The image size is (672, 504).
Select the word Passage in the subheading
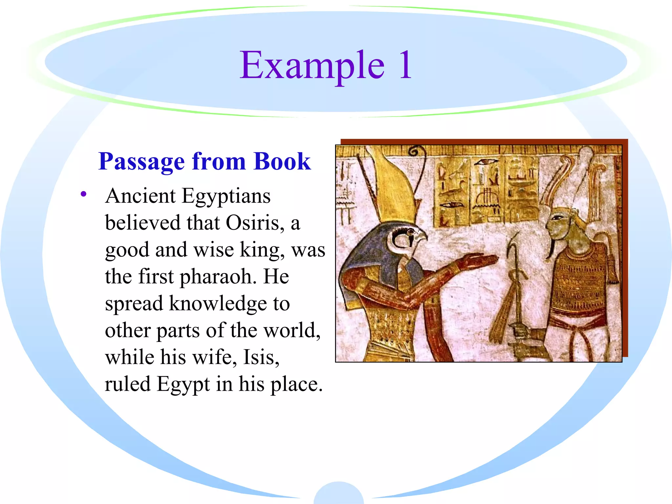pyautogui.click(x=141, y=162)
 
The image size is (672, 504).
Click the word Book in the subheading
pyautogui.click(x=282, y=162)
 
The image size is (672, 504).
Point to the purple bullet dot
pyautogui.click(x=84, y=194)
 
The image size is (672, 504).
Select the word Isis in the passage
pyautogui.click(x=261, y=357)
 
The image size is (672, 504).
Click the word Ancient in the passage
pyautogui.click(x=140, y=196)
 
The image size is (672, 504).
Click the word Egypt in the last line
pyautogui.click(x=183, y=385)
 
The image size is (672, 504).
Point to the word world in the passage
pyautogui.click(x=292, y=330)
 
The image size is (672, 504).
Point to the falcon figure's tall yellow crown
pyautogui.click(x=394, y=187)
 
